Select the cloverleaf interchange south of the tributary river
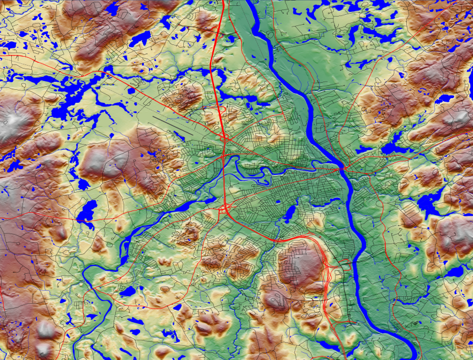pyautogui.click(x=225, y=208)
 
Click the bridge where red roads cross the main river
pyautogui.click(x=342, y=169)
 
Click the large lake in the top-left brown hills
pyautogui.click(x=140, y=40)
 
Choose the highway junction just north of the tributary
pyautogui.click(x=225, y=140)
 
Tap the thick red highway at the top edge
pyautogui.click(x=223, y=4)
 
